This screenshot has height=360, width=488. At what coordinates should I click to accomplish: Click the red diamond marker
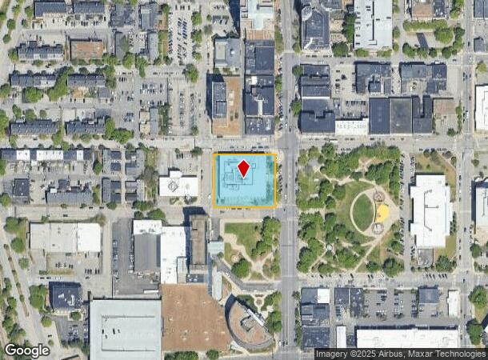[244, 168]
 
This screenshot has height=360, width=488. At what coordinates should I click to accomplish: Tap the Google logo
[27, 350]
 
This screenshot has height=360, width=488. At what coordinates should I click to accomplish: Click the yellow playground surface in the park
[382, 213]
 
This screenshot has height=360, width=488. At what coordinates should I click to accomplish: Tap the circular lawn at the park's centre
[362, 212]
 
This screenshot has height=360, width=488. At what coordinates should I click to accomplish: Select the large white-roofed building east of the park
[430, 210]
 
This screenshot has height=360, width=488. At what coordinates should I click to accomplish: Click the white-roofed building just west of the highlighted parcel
[178, 185]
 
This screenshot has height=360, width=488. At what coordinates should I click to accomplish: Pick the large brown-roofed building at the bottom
[194, 318]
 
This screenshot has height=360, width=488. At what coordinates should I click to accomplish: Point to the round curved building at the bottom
[249, 324]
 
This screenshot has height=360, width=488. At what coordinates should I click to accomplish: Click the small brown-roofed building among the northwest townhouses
[86, 50]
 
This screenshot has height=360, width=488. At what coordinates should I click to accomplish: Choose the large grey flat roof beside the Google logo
[125, 328]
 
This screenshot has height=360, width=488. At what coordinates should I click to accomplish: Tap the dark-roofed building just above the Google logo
[66, 296]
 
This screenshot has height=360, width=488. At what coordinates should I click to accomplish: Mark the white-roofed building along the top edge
[374, 23]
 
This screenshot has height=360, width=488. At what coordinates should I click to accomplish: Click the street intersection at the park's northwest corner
[287, 146]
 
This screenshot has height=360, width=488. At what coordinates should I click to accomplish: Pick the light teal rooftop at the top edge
[259, 14]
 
